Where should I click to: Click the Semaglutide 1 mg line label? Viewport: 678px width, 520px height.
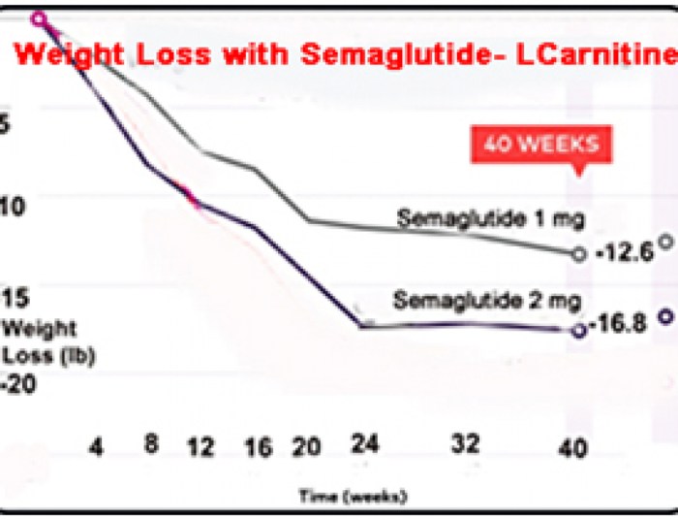pyautogui.click(x=490, y=220)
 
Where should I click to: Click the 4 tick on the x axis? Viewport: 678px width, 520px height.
pyautogui.click(x=96, y=448)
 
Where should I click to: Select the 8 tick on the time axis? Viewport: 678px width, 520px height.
pyautogui.click(x=151, y=447)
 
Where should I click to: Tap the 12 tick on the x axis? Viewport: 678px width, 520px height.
pyautogui.click(x=200, y=448)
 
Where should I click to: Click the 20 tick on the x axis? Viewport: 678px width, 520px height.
pyautogui.click(x=305, y=448)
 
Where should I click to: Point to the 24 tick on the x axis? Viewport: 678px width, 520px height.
pyautogui.click(x=360, y=447)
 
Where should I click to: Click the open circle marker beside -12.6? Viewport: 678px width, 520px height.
pyautogui.click(x=579, y=254)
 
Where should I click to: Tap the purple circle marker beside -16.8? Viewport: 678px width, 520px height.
pyautogui.click(x=579, y=330)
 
